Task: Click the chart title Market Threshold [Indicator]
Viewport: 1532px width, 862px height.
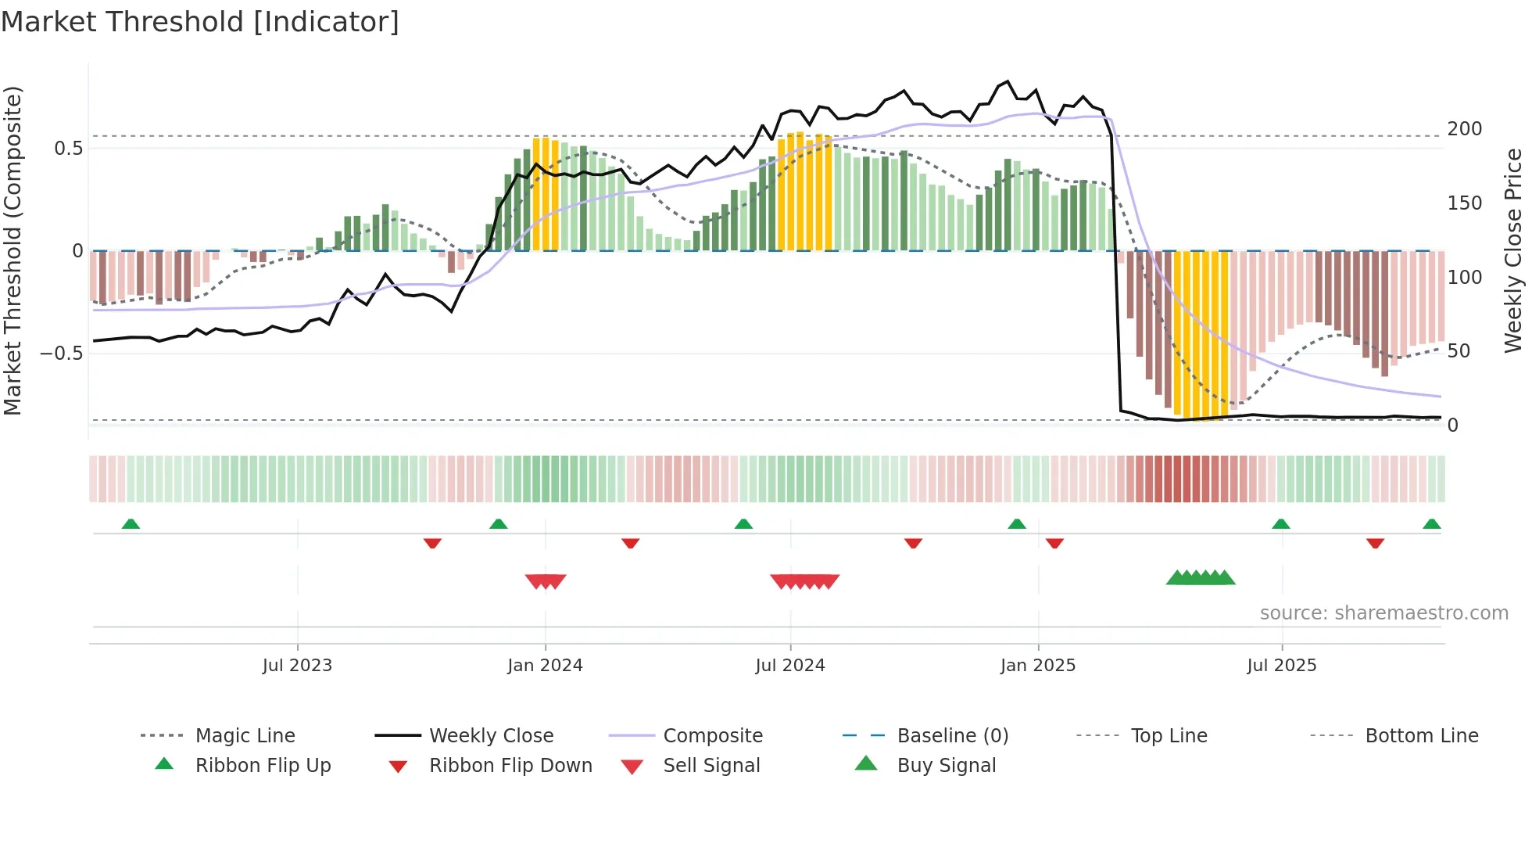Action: tap(200, 22)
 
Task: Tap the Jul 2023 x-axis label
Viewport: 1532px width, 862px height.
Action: tap(297, 666)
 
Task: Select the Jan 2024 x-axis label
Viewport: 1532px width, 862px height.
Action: tap(545, 666)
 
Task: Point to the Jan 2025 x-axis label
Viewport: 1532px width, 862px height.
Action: tap(1038, 666)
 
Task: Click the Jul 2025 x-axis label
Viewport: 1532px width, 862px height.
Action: tap(1282, 666)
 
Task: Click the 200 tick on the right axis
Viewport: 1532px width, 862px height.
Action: tap(1465, 129)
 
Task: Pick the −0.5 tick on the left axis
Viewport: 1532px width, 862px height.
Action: tap(62, 354)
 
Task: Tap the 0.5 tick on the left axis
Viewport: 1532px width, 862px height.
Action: tap(68, 149)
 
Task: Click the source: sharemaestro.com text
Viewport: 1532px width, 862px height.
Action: tap(1384, 613)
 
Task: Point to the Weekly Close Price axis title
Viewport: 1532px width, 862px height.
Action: tap(1514, 250)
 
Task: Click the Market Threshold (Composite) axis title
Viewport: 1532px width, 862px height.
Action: tap(13, 250)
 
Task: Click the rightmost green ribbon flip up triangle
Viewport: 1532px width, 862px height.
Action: tap(1432, 524)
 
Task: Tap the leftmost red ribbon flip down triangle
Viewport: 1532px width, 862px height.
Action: tap(432, 543)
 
